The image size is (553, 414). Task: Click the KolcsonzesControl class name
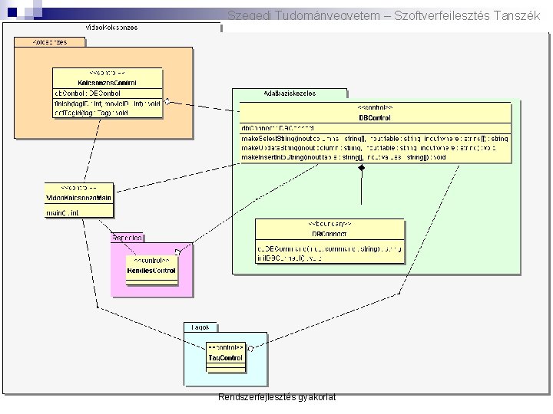(108, 82)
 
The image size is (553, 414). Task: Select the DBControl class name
(375, 117)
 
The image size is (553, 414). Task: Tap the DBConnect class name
(329, 233)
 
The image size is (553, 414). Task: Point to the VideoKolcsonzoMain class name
(79, 198)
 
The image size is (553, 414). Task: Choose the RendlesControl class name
(151, 270)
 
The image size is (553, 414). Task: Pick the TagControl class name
(226, 357)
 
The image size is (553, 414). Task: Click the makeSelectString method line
(374, 138)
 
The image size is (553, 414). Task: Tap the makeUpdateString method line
(374, 147)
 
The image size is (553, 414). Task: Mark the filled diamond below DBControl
(360, 167)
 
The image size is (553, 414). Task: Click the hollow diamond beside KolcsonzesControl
(167, 101)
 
